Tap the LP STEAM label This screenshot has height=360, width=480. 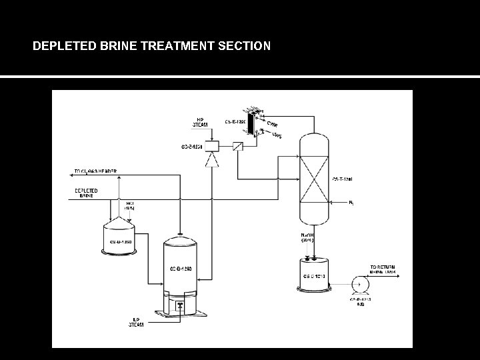click(x=136, y=323)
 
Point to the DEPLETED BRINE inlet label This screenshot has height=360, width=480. click(x=86, y=193)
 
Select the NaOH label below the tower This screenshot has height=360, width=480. click(x=309, y=237)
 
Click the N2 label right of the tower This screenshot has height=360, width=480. click(x=351, y=202)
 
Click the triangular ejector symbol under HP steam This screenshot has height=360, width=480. click(x=212, y=160)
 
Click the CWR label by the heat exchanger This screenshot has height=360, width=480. click(x=273, y=123)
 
